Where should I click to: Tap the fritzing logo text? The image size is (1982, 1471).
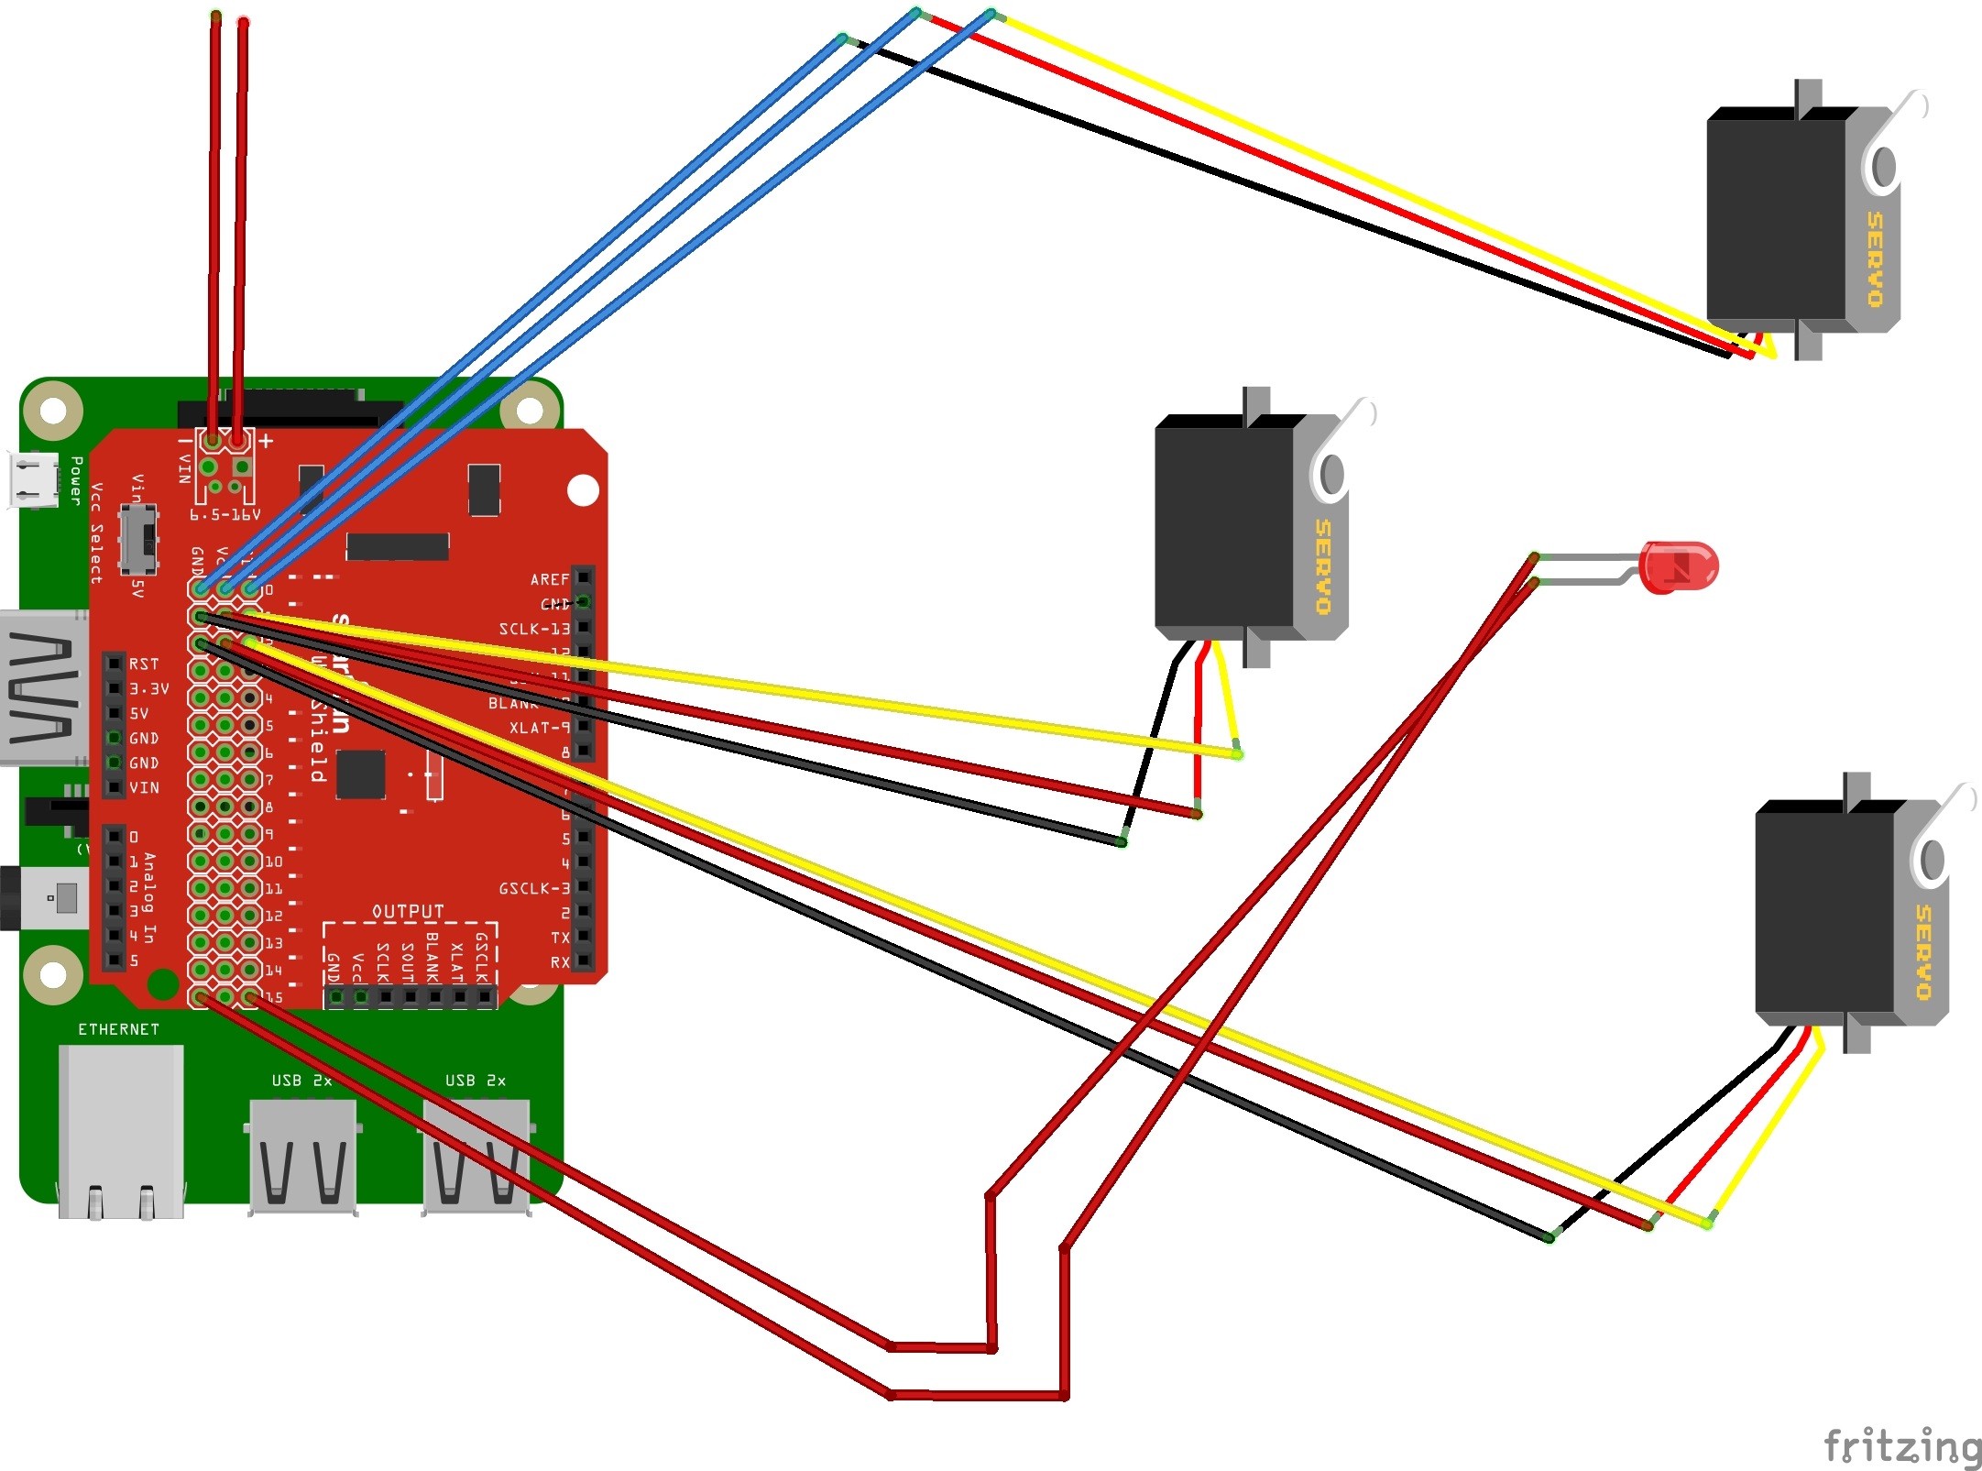click(1900, 1445)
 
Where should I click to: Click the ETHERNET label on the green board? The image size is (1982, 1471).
click(118, 1029)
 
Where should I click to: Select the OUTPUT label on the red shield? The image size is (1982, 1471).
click(408, 911)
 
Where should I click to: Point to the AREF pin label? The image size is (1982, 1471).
click(549, 579)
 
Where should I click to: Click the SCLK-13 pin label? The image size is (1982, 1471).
click(533, 629)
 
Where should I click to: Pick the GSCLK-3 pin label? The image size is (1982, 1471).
click(533, 888)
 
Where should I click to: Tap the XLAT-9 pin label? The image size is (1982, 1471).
click(539, 728)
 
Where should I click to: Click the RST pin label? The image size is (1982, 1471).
click(144, 664)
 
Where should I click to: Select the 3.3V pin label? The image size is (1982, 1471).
click(148, 688)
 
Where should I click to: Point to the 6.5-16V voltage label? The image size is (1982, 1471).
click(225, 515)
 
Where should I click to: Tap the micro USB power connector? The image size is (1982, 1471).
click(33, 479)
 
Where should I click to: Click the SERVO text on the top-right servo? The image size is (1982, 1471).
click(1875, 259)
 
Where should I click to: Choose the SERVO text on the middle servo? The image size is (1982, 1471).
click(1322, 566)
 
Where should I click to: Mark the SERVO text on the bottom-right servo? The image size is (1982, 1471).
click(1923, 952)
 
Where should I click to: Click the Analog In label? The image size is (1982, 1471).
click(149, 898)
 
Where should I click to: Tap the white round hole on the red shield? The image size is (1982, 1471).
click(583, 490)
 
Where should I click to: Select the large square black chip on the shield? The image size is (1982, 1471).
click(360, 774)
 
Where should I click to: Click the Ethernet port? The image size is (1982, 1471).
click(121, 1131)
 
